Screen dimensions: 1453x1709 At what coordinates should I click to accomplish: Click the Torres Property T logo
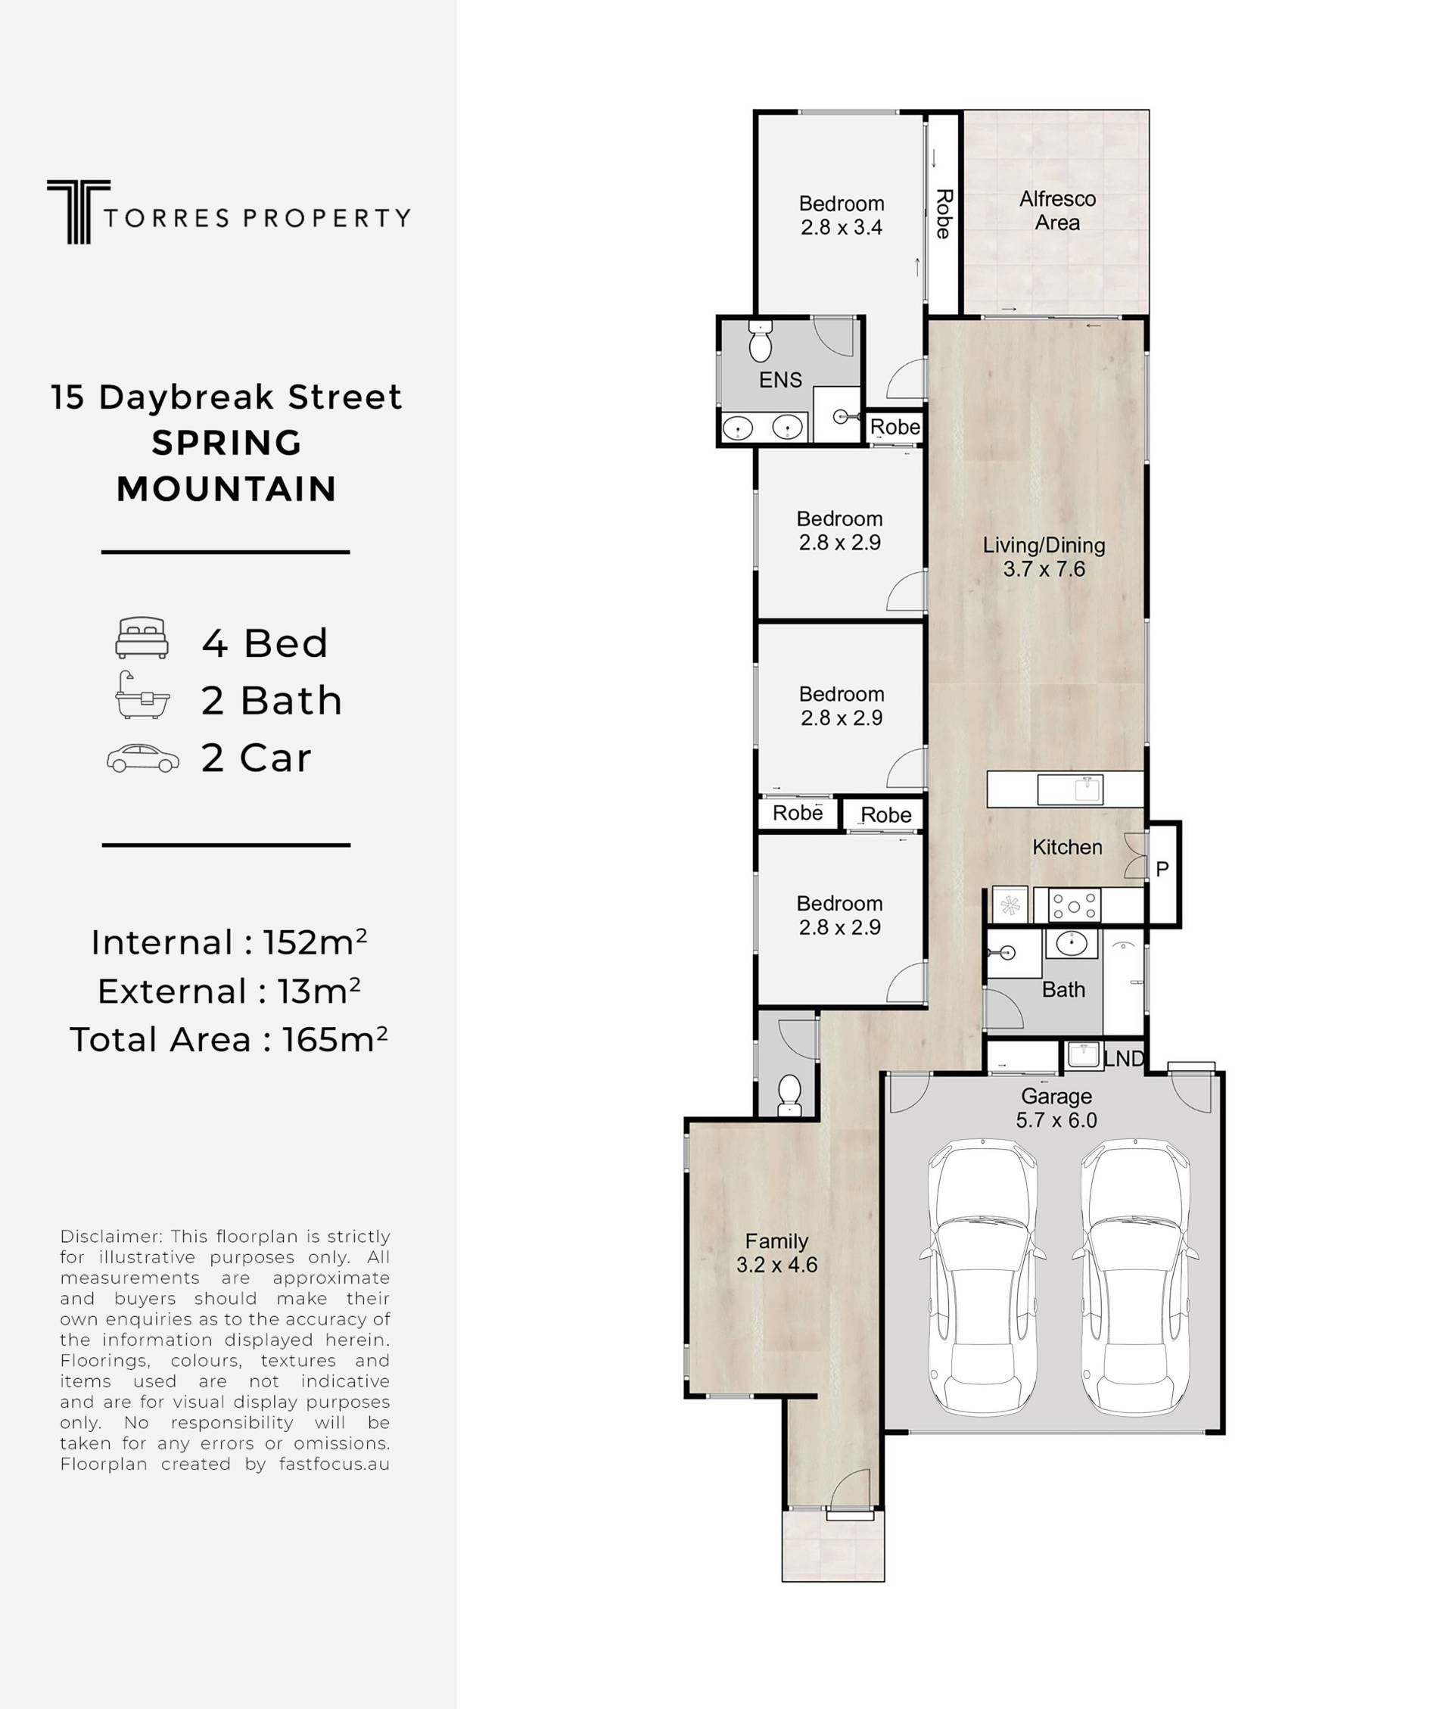(78, 212)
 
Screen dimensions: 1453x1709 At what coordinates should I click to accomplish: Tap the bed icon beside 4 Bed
(142, 638)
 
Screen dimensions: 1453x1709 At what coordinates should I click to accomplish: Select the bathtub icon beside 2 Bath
(142, 695)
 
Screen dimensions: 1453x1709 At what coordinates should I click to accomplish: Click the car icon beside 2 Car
(142, 758)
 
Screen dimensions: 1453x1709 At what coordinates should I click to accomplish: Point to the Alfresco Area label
(1058, 211)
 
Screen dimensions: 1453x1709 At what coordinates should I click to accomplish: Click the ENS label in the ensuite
(780, 380)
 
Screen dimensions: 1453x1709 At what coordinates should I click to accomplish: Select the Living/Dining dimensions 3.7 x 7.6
(1044, 569)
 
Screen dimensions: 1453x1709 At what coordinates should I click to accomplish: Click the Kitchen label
(1067, 847)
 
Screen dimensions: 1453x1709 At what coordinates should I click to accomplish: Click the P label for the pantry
(1162, 869)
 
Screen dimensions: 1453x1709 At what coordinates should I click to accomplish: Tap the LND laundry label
(1124, 1059)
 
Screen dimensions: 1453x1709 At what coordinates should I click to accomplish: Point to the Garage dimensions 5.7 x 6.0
(1056, 1120)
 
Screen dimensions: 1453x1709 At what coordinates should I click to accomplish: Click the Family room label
(776, 1241)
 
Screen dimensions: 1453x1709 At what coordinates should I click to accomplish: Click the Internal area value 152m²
(315, 942)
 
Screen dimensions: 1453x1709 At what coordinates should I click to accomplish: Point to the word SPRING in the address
(226, 443)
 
